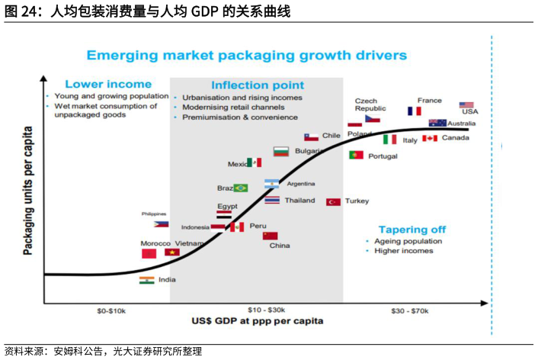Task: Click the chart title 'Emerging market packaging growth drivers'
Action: coord(246,56)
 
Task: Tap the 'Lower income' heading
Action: coord(107,84)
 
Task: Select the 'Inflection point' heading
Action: coord(257,85)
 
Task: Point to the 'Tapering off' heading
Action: coord(412,230)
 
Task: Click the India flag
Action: coord(147,280)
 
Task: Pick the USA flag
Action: coord(466,105)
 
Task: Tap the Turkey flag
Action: coord(333,201)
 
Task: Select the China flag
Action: coord(270,236)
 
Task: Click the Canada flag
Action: coord(430,138)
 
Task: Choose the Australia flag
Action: coord(437,123)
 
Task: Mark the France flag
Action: coord(415,111)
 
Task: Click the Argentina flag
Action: coord(272,184)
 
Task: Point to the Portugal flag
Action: coord(356,155)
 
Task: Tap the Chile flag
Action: coord(311,137)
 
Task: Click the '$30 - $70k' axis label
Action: coord(410,310)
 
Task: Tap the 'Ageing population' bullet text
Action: coord(408,241)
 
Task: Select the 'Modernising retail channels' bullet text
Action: coord(231,108)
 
